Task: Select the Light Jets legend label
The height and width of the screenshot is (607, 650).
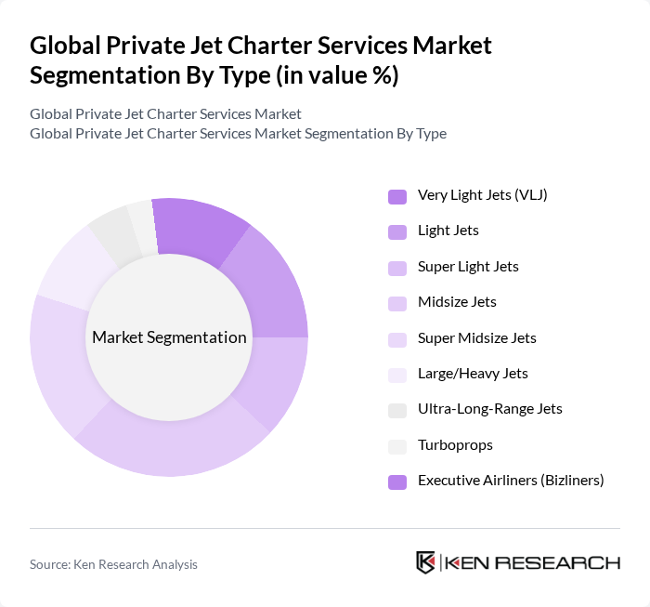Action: (448, 231)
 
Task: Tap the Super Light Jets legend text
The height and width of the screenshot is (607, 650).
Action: (468, 267)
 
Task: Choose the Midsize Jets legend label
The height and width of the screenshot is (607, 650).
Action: (457, 302)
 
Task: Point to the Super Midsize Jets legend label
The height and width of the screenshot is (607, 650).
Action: (477, 337)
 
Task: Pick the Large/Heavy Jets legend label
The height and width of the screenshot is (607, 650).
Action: (473, 374)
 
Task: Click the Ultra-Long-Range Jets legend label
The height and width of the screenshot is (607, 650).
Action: (490, 409)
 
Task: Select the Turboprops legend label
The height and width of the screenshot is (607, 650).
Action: (455, 444)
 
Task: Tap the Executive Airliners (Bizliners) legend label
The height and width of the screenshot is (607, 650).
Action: (511, 481)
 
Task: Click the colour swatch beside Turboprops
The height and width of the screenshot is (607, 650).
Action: (397, 446)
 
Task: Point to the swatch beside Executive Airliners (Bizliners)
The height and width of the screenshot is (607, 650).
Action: (397, 482)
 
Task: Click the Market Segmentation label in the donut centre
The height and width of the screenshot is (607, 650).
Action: (169, 337)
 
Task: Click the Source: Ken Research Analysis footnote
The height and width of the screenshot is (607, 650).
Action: (113, 564)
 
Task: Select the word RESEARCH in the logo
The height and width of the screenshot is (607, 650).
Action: (567, 562)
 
